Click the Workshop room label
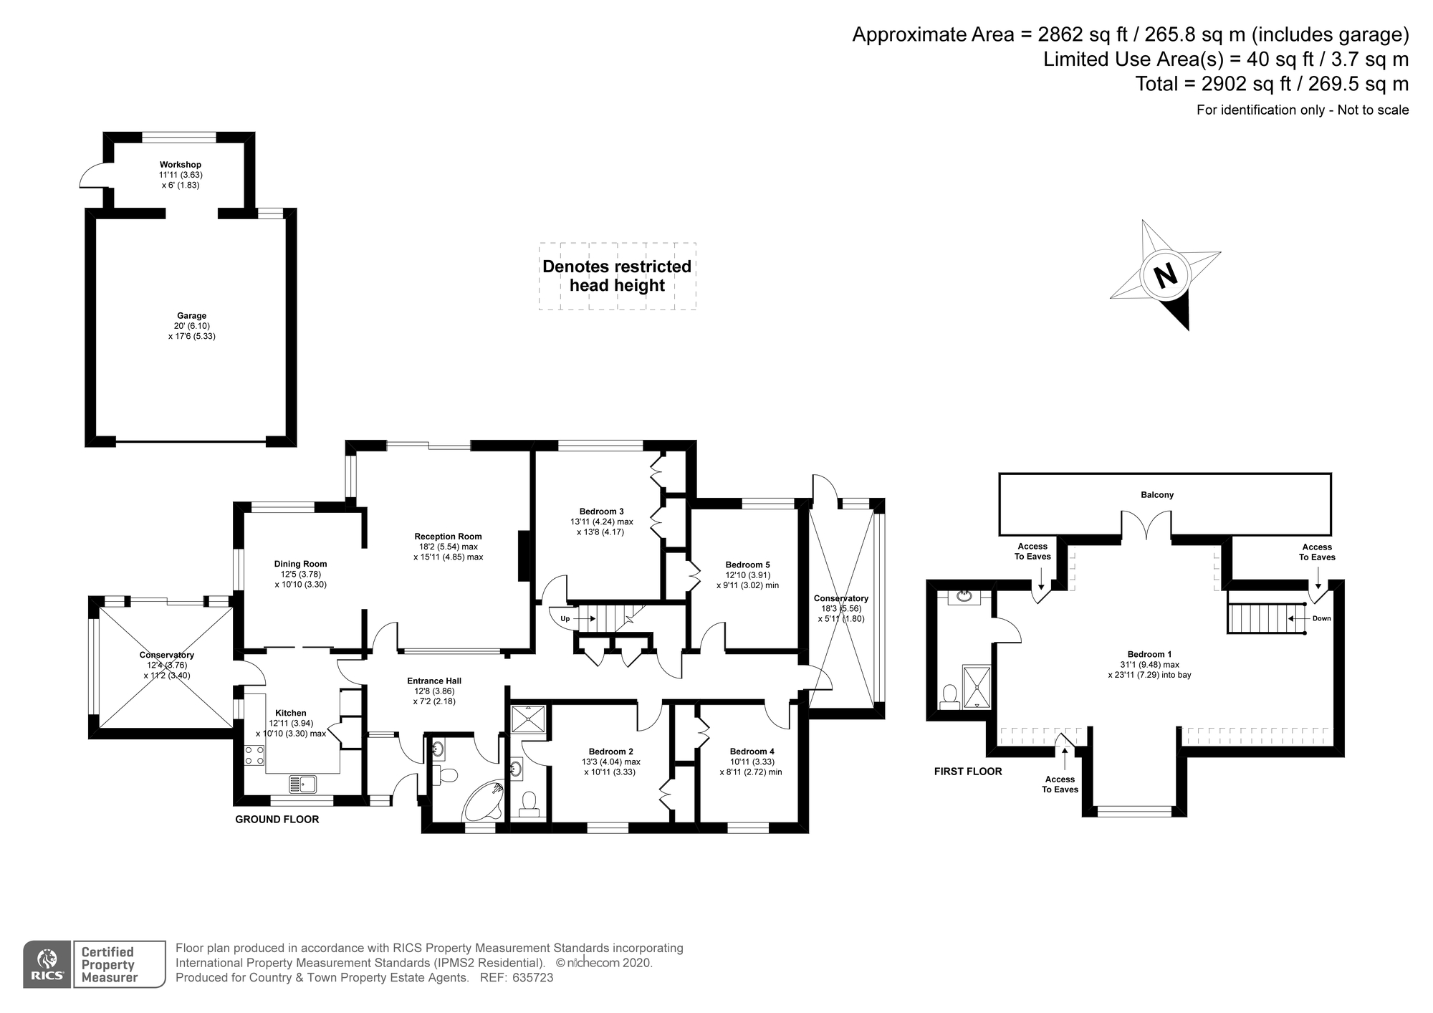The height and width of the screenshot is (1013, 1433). (x=181, y=165)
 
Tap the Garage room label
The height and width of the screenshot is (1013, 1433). (x=192, y=316)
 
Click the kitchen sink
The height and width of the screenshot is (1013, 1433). (x=303, y=784)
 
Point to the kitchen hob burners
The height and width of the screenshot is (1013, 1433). (x=254, y=755)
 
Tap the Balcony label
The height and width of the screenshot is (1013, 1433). (x=1157, y=495)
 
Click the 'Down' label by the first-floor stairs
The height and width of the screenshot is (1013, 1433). (x=1322, y=618)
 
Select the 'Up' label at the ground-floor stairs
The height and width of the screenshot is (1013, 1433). (x=565, y=618)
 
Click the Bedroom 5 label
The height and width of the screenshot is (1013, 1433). (x=747, y=565)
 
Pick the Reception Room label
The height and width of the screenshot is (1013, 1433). (x=448, y=537)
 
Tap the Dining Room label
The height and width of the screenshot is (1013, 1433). (x=300, y=564)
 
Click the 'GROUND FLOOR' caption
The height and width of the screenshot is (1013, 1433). (x=277, y=820)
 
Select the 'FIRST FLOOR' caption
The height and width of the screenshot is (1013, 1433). (x=968, y=772)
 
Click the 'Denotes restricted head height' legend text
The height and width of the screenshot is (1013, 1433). (x=617, y=276)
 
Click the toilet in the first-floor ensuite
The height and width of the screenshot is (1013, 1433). (x=950, y=696)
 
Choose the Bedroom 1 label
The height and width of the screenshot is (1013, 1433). (x=1149, y=654)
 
